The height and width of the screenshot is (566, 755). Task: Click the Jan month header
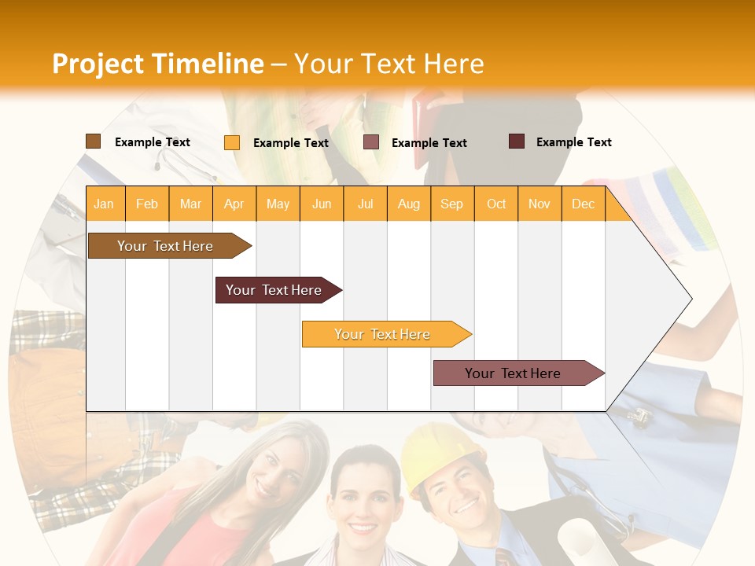[104, 204]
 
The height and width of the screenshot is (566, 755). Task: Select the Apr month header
[234, 204]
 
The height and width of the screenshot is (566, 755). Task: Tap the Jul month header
[366, 204]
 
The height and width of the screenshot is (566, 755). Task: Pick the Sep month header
[451, 204]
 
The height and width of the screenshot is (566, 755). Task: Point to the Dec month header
[583, 204]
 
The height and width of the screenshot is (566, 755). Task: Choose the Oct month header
[496, 204]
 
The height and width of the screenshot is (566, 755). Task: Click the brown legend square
[93, 141]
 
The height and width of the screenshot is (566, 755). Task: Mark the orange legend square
[232, 142]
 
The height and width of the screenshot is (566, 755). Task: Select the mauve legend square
[371, 142]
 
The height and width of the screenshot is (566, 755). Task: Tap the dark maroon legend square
[517, 141]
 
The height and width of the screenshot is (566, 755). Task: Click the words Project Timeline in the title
[157, 64]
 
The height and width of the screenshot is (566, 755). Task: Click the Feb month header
[147, 204]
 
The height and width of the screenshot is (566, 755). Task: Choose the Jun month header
[322, 204]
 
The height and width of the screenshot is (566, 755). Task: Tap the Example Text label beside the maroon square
[573, 142]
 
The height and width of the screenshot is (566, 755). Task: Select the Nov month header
[540, 204]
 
